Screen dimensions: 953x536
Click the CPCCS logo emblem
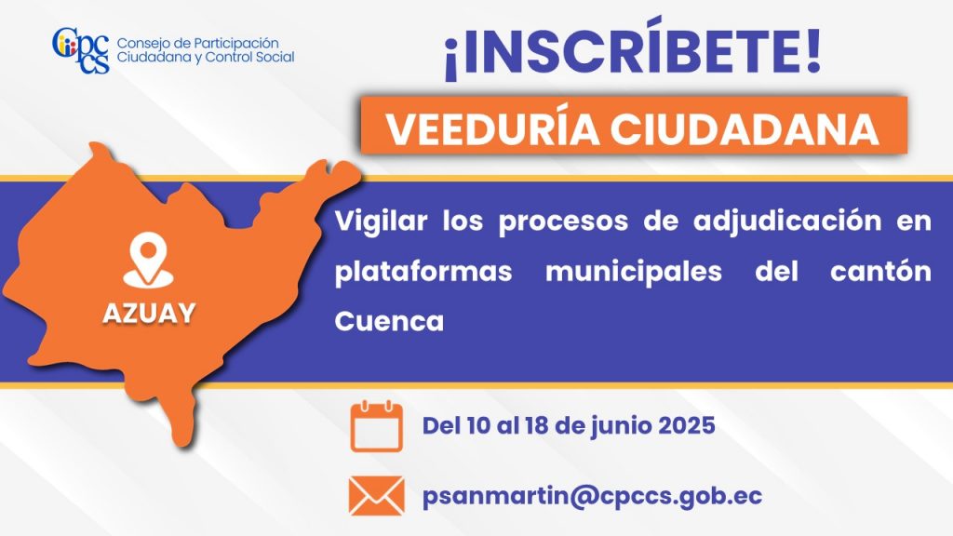81,50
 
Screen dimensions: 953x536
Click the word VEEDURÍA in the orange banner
491,128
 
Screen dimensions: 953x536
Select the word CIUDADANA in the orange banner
745,128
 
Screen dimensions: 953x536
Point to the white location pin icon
148,260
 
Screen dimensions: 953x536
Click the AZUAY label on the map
149,314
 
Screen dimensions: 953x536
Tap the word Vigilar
381,221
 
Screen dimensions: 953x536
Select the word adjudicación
787,221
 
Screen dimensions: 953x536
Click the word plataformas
423,271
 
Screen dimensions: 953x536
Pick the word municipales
634,271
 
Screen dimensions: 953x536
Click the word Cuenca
389,321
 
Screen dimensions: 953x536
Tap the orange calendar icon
377,425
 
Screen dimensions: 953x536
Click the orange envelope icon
377,495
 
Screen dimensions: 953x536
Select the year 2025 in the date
687,425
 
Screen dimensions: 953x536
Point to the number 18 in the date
537,425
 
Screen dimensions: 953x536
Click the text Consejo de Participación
197,44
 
